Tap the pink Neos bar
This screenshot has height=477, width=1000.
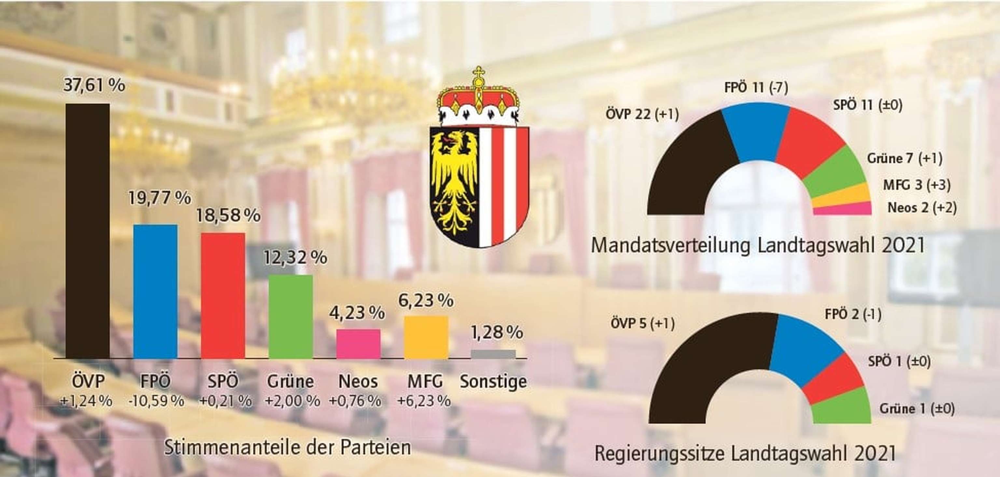pyautogui.click(x=358, y=344)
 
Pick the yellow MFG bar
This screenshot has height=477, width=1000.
pyautogui.click(x=426, y=337)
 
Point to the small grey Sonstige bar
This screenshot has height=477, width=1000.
pyautogui.click(x=493, y=354)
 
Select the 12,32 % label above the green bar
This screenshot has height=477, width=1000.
pyautogui.click(x=295, y=258)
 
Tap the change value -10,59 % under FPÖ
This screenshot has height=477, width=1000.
pyautogui.click(x=156, y=401)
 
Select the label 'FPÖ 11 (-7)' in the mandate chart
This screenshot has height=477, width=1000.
pyautogui.click(x=756, y=88)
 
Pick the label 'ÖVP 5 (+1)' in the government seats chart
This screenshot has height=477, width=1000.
pyautogui.click(x=643, y=324)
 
